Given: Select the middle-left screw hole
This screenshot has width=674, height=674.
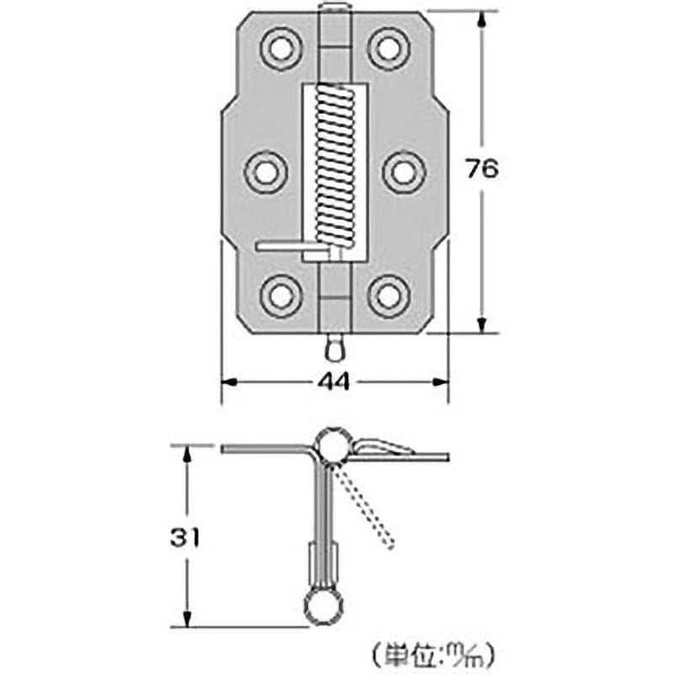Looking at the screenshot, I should coord(266,171).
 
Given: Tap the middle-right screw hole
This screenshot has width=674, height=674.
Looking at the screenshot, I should coord(404,171).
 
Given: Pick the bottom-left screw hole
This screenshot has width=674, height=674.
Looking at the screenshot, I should coord(281,295).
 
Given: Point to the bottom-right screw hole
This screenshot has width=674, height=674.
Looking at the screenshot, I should coord(388,295).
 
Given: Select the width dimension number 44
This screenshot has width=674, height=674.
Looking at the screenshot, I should coord(334,382).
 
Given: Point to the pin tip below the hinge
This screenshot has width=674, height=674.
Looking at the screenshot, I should coord(334,345).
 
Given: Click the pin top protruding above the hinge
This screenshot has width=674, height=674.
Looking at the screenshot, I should coord(334,10).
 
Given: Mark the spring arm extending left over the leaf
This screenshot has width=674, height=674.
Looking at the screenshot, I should coord(282,246).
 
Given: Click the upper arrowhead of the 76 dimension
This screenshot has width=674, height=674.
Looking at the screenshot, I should coord(482,20).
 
